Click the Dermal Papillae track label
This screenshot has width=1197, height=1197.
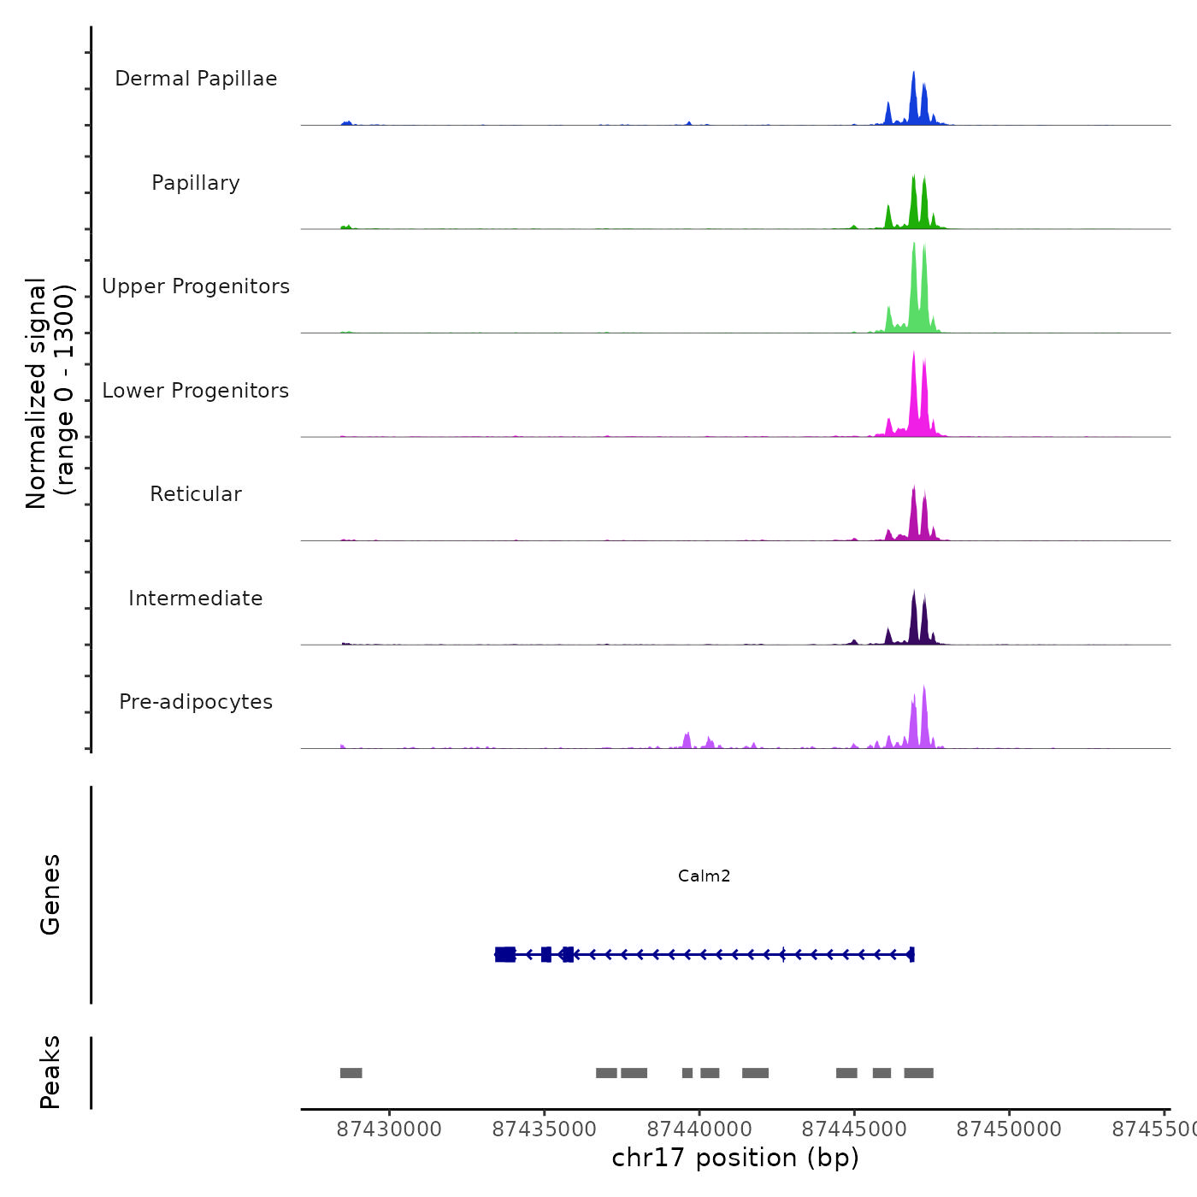(x=196, y=79)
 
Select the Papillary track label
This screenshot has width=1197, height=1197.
(x=196, y=183)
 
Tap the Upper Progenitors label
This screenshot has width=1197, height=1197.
(x=196, y=286)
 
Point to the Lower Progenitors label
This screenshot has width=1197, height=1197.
(x=196, y=391)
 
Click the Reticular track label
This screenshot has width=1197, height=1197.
(x=196, y=494)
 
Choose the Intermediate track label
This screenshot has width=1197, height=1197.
(x=196, y=598)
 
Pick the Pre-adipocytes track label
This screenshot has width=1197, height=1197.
(x=196, y=702)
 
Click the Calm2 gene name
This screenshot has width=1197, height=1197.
(x=704, y=876)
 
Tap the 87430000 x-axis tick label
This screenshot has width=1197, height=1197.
(x=389, y=1129)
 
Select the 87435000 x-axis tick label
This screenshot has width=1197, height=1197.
(x=545, y=1129)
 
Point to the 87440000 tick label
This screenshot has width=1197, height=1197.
(x=699, y=1129)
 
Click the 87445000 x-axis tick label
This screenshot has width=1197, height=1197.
(x=854, y=1129)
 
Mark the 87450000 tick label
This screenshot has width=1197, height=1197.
(x=1009, y=1129)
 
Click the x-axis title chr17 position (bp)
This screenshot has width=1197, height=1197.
(x=735, y=1158)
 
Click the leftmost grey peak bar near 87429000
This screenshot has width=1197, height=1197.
(x=351, y=1073)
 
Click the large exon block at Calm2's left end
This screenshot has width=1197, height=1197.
(x=505, y=954)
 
